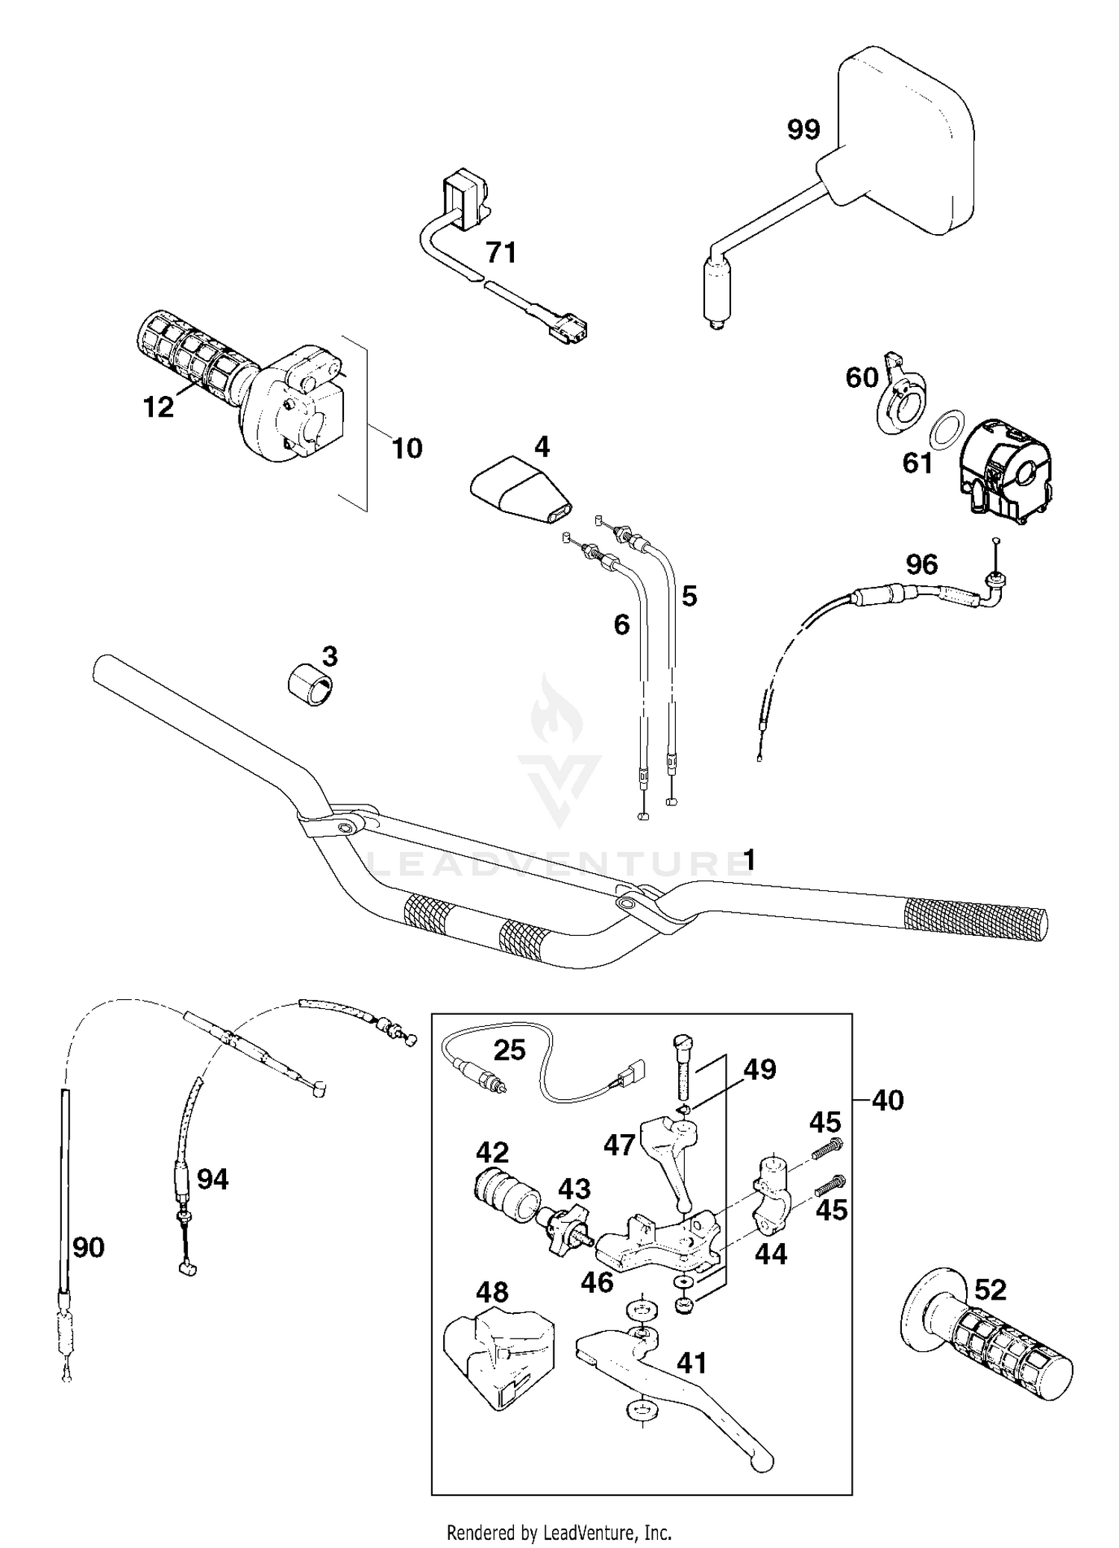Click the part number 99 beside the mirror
coord(803,130)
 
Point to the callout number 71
coord(501,253)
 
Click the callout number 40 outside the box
coord(887,1100)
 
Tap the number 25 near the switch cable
coord(510,1050)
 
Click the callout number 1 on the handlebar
coord(749,860)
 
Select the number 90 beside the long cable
coord(88,1247)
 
